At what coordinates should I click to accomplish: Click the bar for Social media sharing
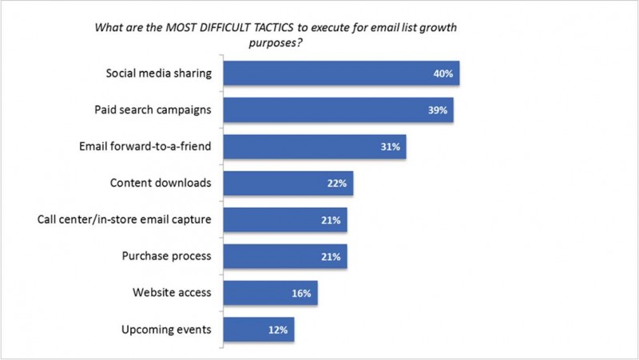(341, 73)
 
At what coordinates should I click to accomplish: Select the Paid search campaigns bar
(338, 110)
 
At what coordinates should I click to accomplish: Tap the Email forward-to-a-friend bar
(315, 146)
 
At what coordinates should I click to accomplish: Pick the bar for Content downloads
(288, 183)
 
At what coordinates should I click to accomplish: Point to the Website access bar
(270, 293)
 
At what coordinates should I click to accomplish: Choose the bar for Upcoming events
(258, 329)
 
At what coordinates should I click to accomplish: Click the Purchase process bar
(284, 256)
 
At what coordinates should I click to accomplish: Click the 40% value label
(444, 73)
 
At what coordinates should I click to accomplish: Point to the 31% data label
(391, 147)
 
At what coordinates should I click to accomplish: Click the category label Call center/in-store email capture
(124, 220)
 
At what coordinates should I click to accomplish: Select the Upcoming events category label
(165, 329)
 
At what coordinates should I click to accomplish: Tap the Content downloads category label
(160, 183)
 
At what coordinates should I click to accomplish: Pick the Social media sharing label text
(158, 73)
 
